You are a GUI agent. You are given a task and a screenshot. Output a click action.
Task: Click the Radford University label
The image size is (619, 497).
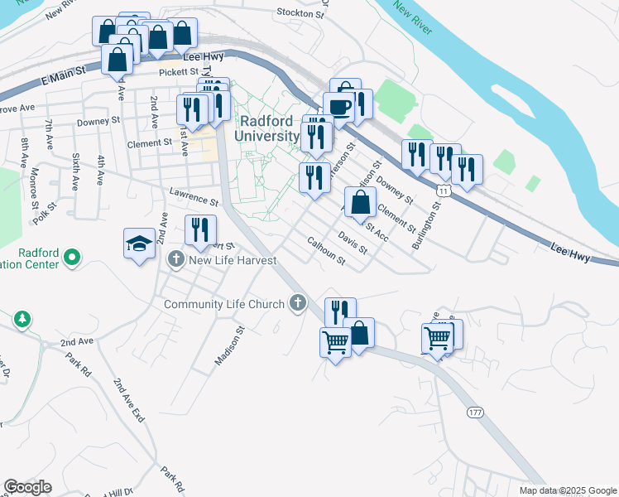(267, 128)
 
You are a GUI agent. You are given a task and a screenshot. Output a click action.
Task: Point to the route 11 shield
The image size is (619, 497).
(445, 191)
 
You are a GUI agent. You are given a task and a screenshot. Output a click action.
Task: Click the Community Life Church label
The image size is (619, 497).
(224, 304)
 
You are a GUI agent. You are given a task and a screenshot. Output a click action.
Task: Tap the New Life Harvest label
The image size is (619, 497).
(232, 261)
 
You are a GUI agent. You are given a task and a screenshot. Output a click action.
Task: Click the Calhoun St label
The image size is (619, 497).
(326, 251)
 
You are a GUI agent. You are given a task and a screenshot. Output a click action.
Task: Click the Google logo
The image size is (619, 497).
(27, 487)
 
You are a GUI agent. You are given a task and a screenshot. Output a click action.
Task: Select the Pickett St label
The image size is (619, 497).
(180, 72)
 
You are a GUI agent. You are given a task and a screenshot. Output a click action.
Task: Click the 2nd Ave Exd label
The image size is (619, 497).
(129, 402)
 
